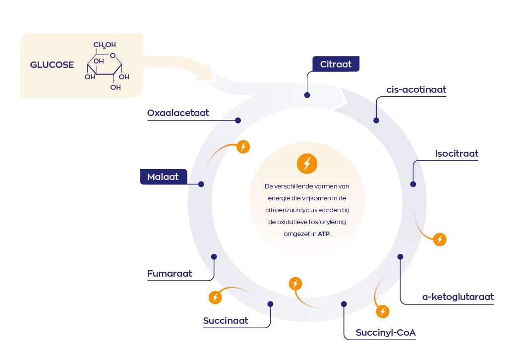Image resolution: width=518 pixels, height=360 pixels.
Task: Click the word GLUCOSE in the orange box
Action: coord(52,65)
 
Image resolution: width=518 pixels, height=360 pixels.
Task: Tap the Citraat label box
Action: coord(336,64)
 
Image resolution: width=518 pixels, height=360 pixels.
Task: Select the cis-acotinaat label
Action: coord(416,90)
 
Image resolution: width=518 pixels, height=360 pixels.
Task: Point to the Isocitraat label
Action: coord(457,154)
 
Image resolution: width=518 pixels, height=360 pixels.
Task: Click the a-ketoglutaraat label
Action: coord(458,297)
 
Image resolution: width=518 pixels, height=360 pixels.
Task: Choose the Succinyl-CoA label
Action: coord(386,333)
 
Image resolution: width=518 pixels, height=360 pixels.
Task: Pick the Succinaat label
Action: coord(226,321)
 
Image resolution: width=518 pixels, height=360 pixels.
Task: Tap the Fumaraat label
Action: coord(170,274)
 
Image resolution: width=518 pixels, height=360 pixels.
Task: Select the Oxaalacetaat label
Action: coord(178,113)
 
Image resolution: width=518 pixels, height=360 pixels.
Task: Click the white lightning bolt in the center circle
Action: coord(307,163)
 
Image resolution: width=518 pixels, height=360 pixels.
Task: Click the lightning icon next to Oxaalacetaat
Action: coord(243,147)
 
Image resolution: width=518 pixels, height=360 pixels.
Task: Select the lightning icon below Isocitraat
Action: coord(440,240)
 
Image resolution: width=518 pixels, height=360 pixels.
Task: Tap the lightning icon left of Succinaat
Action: coord(215,297)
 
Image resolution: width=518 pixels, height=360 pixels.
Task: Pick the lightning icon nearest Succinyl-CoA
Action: coord(382,311)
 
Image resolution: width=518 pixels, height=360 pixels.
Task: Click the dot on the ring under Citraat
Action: coord(307,95)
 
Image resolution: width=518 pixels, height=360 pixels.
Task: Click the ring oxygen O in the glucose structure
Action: coord(113,55)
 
